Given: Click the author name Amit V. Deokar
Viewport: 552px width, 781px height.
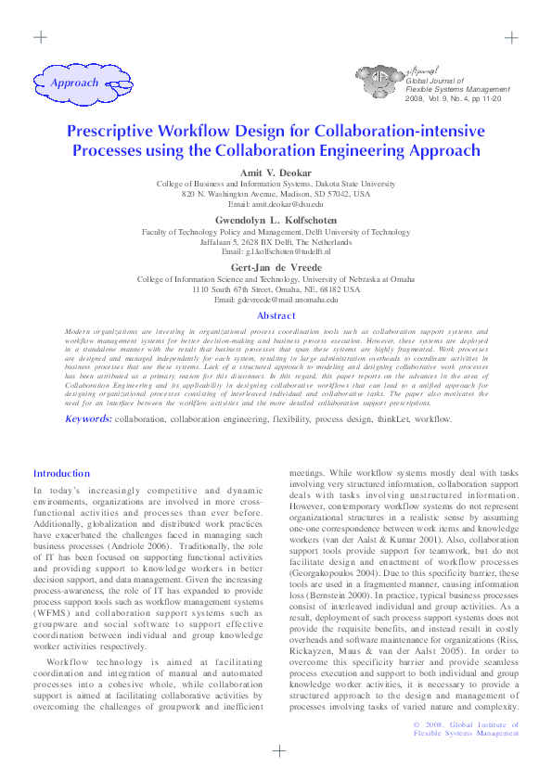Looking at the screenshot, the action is (276, 173).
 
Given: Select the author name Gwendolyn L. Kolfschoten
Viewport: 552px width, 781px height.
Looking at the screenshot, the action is (276, 221).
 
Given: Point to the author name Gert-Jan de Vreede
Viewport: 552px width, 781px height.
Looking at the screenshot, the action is (276, 267).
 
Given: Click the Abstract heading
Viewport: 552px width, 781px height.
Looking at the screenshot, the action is (276, 316).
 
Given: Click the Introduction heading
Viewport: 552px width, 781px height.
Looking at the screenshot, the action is (61, 474).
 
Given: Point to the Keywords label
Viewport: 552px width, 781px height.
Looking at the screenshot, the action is (88, 419).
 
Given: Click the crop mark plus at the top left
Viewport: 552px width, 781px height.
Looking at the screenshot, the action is (40, 38).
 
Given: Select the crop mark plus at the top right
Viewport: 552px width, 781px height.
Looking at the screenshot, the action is (511, 38).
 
